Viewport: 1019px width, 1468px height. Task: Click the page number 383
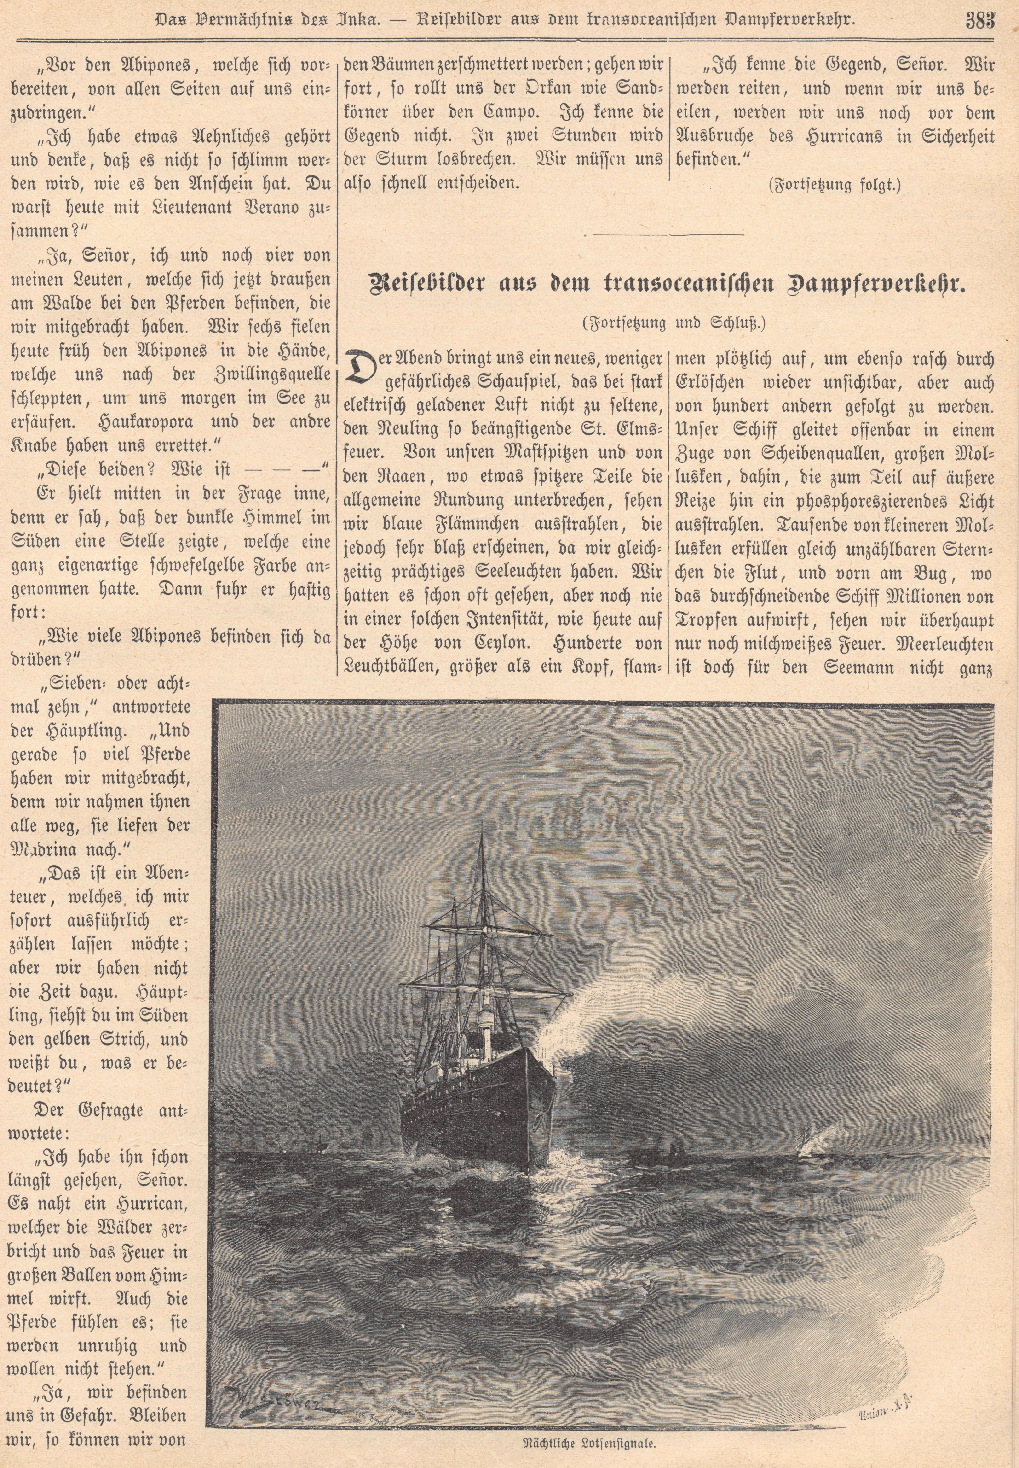pos(981,19)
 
